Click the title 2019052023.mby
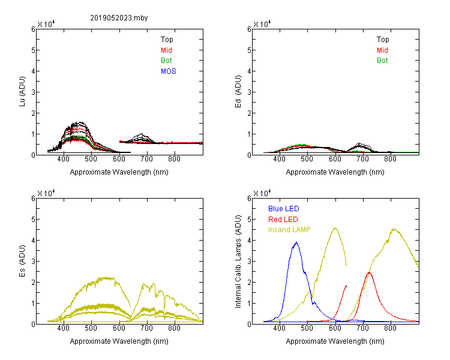tap(119, 18)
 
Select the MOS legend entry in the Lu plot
tap(169, 71)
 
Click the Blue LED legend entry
tap(284, 209)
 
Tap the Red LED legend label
tap(283, 220)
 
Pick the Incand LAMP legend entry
tap(289, 230)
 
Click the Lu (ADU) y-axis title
tap(22, 92)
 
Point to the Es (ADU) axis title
tap(22, 261)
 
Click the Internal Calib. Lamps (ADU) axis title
tap(238, 262)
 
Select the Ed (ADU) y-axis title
tap(238, 92)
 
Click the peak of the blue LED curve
tap(296, 242)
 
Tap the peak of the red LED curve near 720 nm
tap(369, 272)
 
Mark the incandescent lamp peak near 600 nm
tap(335, 228)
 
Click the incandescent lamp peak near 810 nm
tap(395, 229)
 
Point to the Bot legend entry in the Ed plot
tap(382, 61)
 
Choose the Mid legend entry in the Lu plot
tap(166, 50)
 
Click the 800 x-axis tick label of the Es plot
tap(174, 328)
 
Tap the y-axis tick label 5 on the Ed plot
tap(249, 50)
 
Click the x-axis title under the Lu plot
tap(119, 172)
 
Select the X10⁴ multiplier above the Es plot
tap(46, 193)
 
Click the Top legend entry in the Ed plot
tap(383, 40)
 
